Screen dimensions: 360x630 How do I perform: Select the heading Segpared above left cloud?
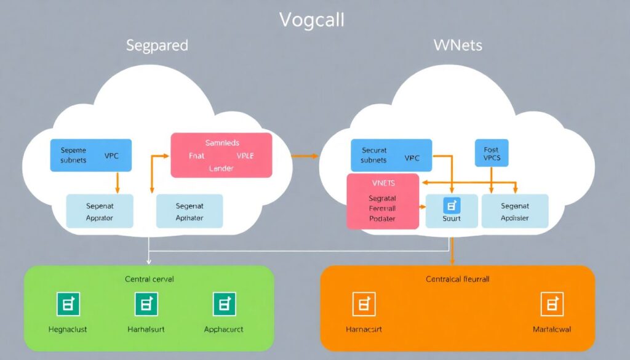tap(157, 46)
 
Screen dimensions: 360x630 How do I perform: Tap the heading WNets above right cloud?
tap(458, 46)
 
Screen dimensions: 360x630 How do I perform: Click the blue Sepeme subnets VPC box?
tap(83, 155)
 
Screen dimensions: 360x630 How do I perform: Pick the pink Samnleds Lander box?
tap(221, 155)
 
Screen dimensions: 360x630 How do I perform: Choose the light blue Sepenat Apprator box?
tap(99, 211)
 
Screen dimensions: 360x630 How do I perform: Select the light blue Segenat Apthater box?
tap(189, 211)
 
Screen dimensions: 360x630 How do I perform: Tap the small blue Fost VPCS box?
tap(492, 154)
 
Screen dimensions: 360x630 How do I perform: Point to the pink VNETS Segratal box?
tap(383, 201)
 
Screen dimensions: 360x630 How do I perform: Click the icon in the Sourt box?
tap(452, 206)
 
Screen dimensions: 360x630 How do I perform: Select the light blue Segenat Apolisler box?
tap(515, 211)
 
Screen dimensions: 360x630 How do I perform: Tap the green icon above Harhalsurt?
tap(146, 304)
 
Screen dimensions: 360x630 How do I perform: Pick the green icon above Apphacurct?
tap(224, 304)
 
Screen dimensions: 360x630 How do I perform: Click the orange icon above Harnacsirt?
tap(364, 304)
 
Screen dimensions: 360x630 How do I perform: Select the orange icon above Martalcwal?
tap(552, 304)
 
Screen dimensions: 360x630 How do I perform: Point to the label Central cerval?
tap(150, 279)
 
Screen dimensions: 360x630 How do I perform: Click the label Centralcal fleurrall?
tap(458, 279)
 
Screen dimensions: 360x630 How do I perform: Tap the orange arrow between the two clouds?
tap(304, 156)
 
